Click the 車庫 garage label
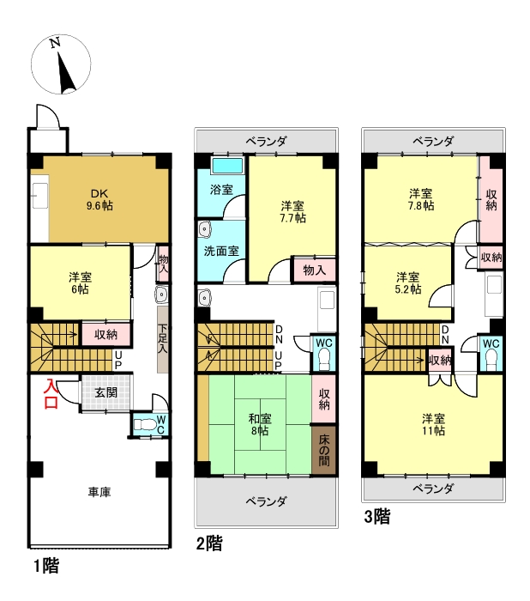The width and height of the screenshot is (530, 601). point(98,493)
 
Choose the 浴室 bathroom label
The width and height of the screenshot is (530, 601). point(221,189)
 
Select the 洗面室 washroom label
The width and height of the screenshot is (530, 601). point(221,252)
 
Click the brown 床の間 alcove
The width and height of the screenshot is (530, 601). point(323,449)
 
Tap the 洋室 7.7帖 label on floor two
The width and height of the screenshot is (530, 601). point(292,212)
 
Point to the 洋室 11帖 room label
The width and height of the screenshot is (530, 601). point(433,425)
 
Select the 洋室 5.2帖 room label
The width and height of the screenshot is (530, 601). point(408,283)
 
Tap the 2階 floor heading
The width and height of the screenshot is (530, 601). point(209,544)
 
